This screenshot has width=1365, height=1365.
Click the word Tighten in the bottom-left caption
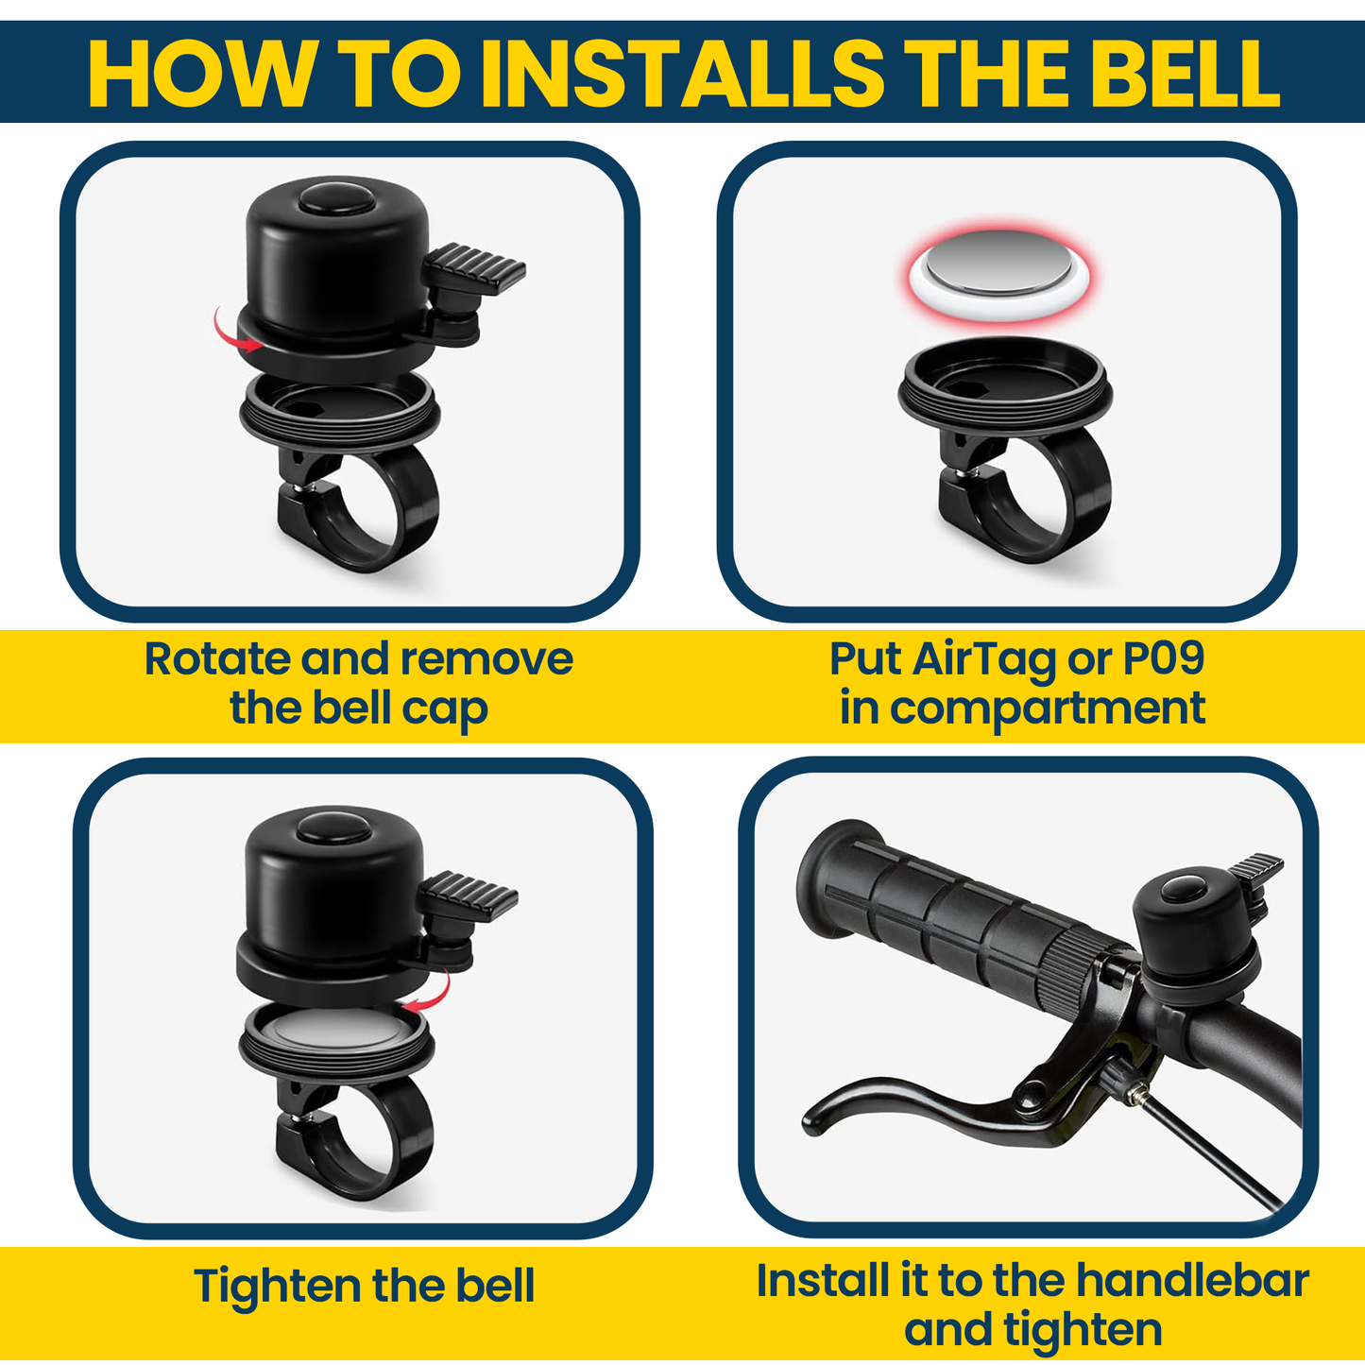click(x=277, y=1288)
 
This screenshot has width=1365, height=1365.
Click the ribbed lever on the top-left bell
click(x=474, y=268)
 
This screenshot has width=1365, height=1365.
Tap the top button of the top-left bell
click(x=337, y=196)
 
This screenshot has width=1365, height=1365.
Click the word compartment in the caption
click(x=1048, y=709)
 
